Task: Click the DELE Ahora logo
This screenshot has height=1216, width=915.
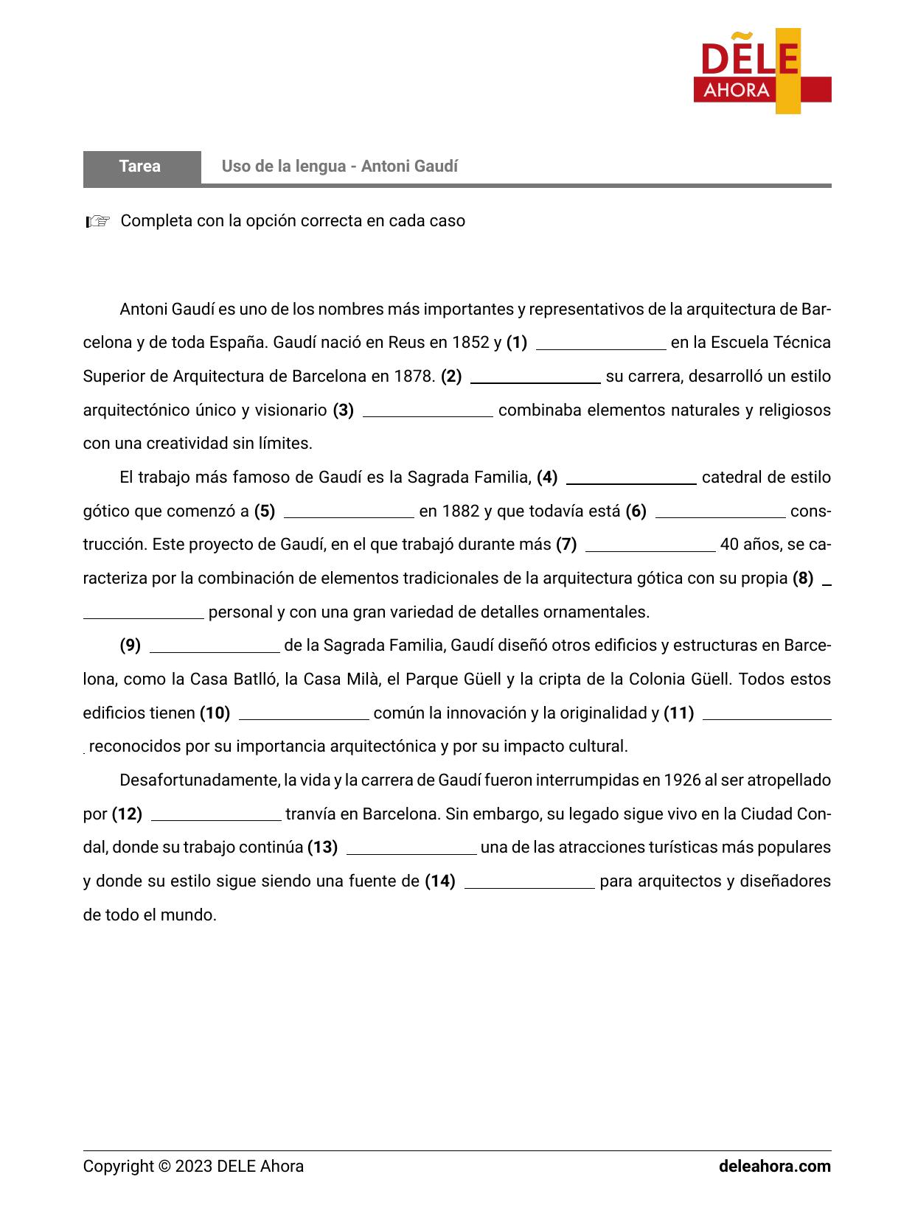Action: point(762,71)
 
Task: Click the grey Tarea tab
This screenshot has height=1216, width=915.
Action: point(141,167)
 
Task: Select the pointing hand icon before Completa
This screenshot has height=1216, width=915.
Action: point(97,221)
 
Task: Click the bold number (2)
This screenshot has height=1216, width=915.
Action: point(451,377)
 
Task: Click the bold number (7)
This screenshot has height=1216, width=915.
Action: point(566,545)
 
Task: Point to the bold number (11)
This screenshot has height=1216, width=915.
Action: point(679,713)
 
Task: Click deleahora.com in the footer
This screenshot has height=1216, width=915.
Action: point(775,1167)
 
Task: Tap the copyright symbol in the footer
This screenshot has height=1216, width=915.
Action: point(165,1167)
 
